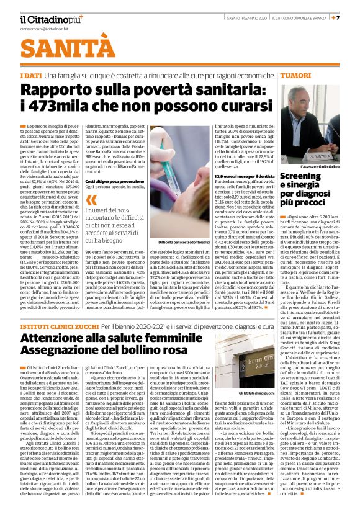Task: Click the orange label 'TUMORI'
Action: coord(295,75)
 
